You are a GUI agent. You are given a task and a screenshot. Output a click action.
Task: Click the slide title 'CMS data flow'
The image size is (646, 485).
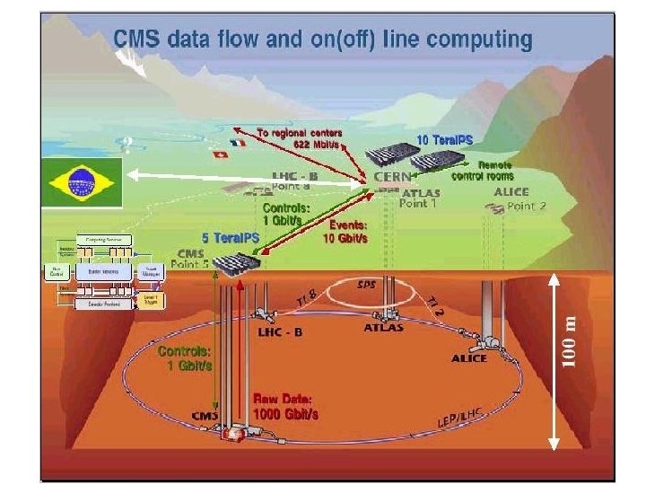(x=322, y=40)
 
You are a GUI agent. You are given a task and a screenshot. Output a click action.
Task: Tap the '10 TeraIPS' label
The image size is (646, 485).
(x=445, y=140)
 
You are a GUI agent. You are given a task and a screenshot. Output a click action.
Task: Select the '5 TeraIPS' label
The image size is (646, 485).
(x=231, y=237)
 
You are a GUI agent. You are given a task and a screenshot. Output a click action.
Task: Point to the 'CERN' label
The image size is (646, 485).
(x=393, y=177)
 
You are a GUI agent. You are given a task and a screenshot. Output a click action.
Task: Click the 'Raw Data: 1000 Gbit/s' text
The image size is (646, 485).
(x=285, y=406)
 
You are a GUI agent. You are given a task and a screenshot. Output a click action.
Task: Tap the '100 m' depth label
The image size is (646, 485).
(x=568, y=339)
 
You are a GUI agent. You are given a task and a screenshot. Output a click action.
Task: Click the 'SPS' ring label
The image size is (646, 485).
(x=366, y=285)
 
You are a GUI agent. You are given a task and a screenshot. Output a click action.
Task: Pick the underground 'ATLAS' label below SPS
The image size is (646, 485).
(x=384, y=328)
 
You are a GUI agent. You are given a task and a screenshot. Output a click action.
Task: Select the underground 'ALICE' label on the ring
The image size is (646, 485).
(x=469, y=358)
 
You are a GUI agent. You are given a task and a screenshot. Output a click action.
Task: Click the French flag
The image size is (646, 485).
(x=237, y=143)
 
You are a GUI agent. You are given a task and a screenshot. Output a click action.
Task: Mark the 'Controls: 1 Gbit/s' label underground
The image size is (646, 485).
(x=185, y=358)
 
